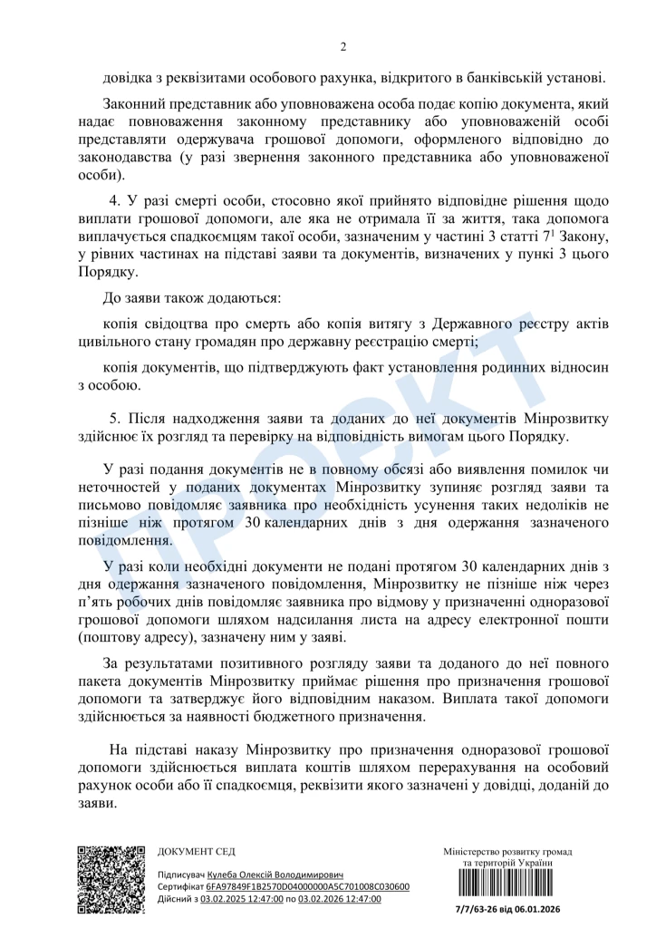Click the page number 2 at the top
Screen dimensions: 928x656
tap(343, 47)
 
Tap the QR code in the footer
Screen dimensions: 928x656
tap(111, 879)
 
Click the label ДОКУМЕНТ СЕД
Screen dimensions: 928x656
tap(196, 852)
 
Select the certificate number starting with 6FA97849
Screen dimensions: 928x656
tap(307, 886)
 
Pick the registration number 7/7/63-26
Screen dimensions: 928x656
tap(478, 909)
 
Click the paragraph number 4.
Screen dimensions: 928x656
tap(114, 200)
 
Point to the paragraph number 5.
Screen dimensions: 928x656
tap(114, 418)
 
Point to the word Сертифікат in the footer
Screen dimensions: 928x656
tap(179, 886)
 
